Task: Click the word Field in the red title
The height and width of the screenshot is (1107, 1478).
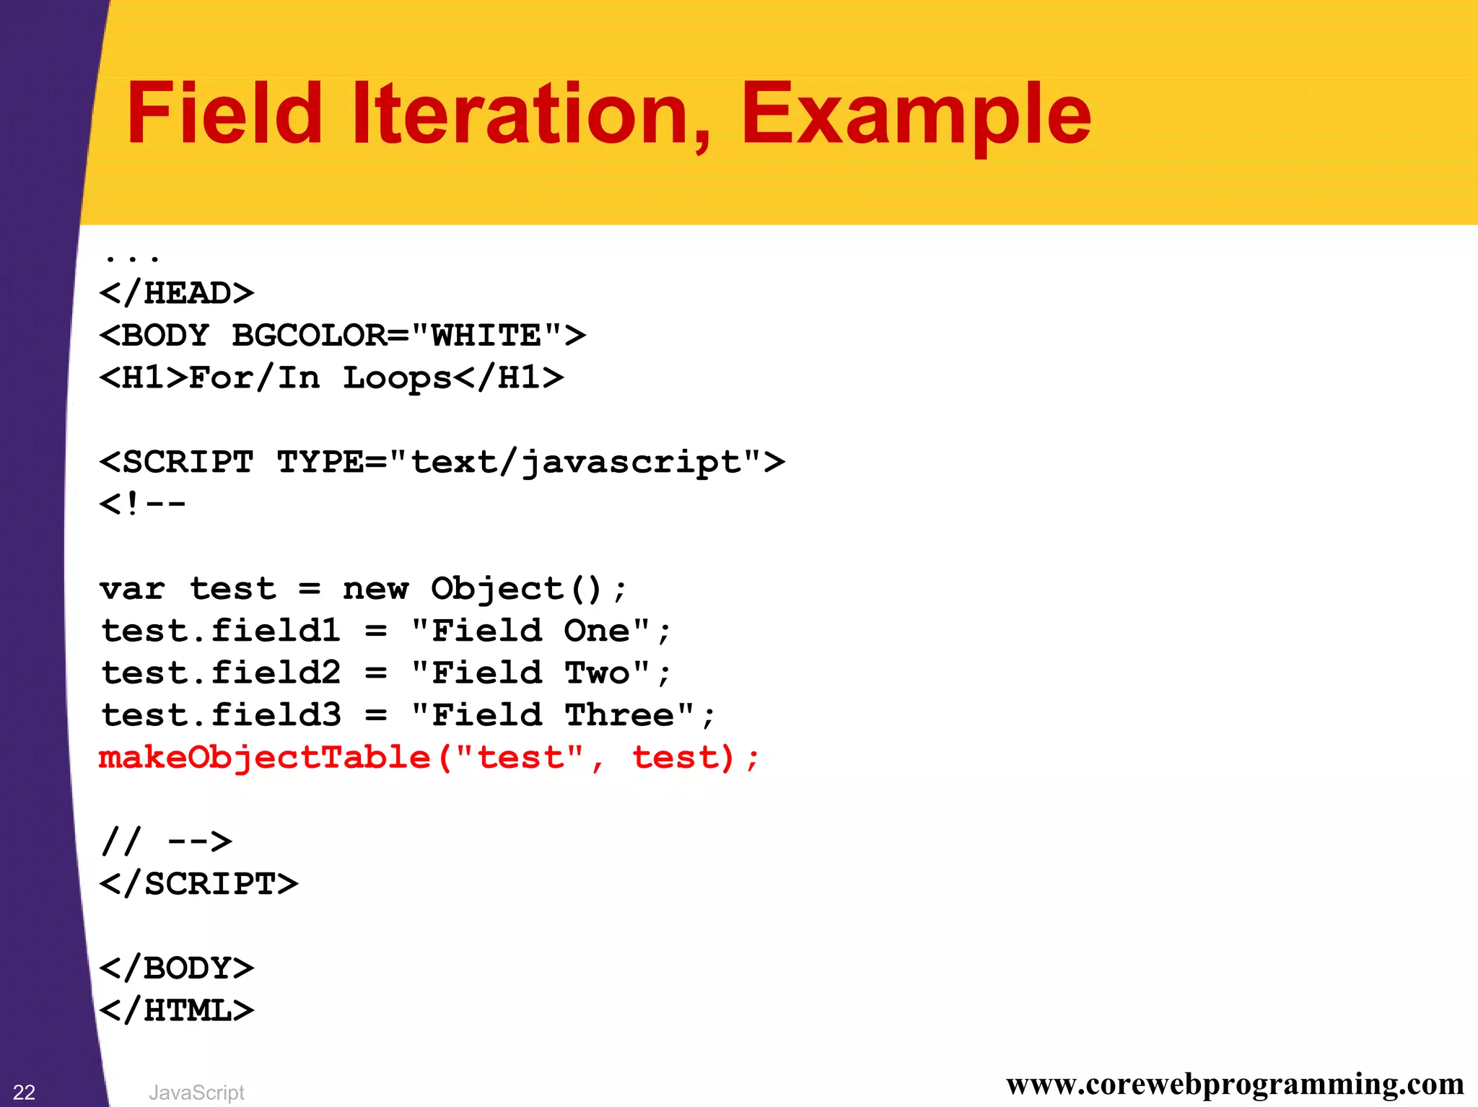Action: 224,114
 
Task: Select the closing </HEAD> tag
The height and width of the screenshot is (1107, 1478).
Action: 177,294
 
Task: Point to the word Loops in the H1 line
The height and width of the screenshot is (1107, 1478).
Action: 397,379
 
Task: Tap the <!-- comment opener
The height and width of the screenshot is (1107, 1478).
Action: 143,504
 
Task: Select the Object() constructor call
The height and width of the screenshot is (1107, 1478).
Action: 517,590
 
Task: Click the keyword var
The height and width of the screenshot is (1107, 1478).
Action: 133,590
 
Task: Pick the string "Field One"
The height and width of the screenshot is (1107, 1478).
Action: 531,631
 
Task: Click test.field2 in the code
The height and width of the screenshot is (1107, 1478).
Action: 221,673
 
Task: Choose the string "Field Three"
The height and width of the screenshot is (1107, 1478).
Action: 553,716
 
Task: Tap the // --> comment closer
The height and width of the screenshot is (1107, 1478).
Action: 166,841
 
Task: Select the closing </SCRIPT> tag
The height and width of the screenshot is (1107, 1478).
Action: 198,884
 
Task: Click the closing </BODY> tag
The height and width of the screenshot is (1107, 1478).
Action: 177,968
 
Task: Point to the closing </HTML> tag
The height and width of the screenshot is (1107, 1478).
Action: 177,1010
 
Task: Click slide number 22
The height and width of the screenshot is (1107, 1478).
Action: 24,1092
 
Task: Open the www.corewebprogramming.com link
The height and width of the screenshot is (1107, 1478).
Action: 1235,1084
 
